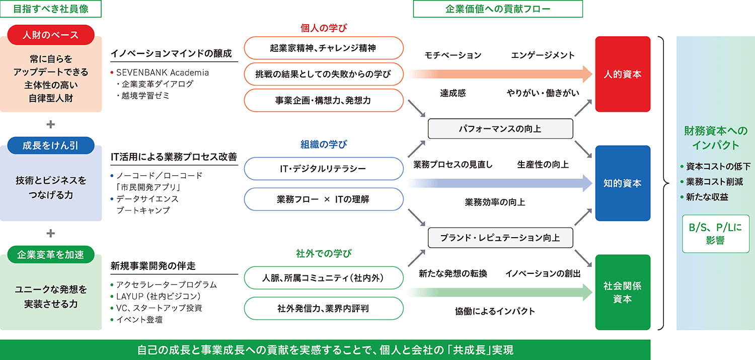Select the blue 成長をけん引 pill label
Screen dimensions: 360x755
51,146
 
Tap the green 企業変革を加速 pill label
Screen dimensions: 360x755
51,254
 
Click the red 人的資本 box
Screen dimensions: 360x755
623,74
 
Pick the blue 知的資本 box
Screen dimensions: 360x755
623,183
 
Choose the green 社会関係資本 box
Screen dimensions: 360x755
623,292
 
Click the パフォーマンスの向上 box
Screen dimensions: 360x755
500,128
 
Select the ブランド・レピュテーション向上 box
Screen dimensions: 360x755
500,237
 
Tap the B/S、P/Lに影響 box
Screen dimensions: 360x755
715,234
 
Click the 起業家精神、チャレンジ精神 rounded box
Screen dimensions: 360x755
324,48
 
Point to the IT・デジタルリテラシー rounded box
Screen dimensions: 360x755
324,169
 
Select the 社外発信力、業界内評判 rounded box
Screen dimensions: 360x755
324,308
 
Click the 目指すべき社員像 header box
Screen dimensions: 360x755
51,9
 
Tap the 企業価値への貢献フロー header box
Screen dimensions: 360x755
497,9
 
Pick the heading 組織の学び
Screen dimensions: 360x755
324,145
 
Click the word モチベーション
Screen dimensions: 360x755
453,55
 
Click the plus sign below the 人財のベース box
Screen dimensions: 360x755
51,124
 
